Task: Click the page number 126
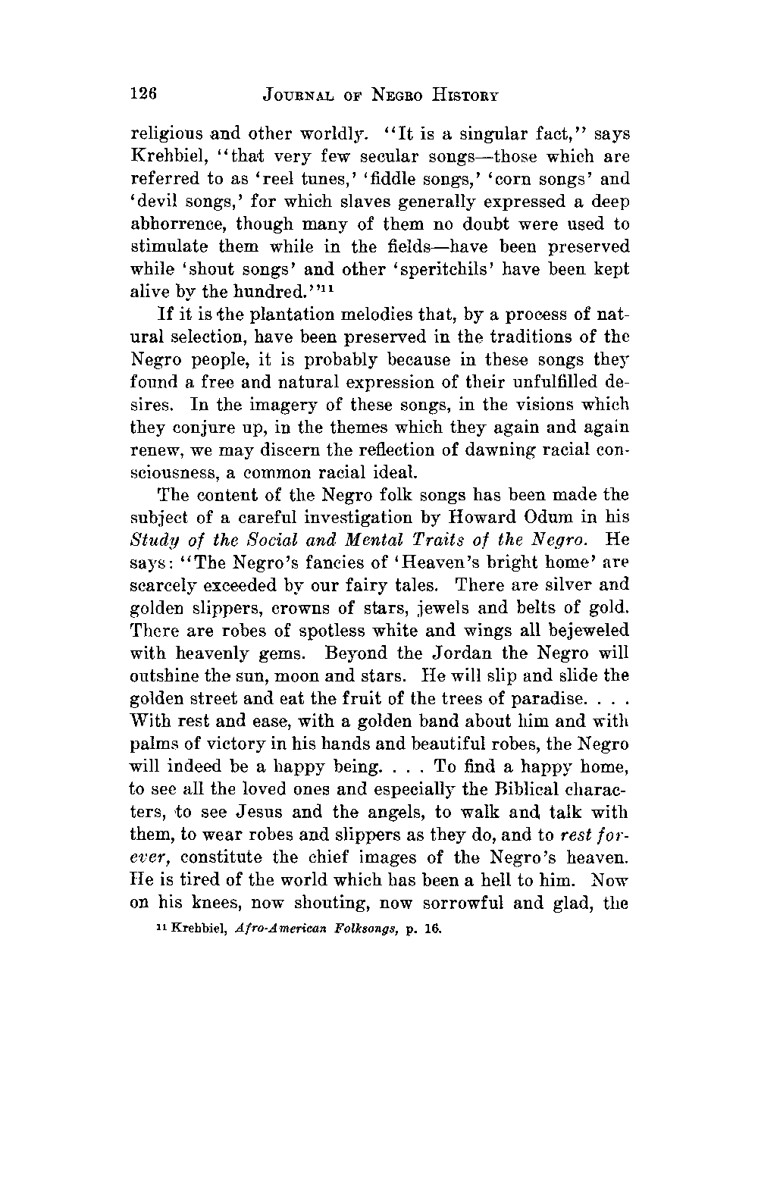143,94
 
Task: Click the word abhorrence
180,225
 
